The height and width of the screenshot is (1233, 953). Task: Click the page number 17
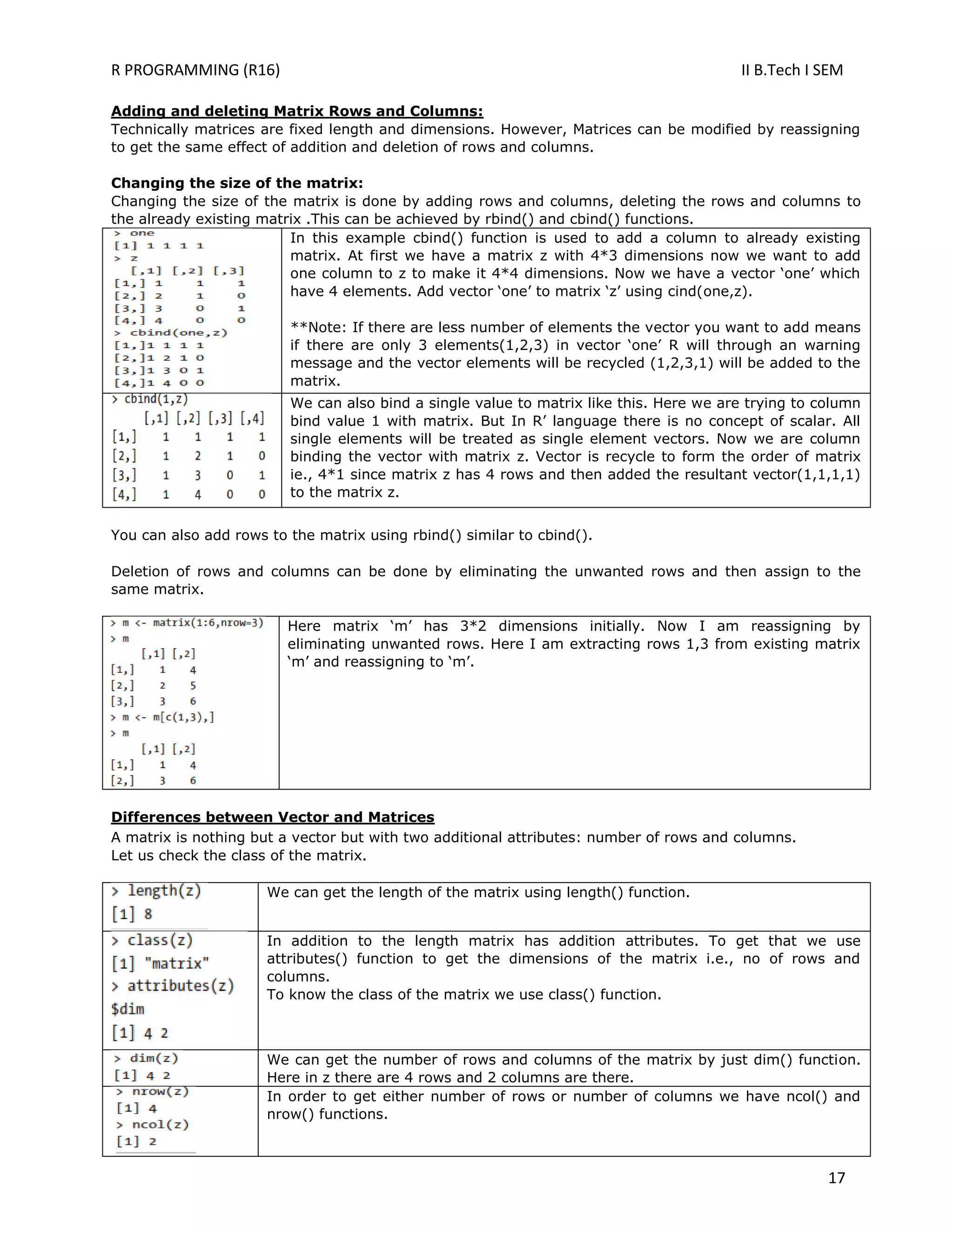(x=836, y=1177)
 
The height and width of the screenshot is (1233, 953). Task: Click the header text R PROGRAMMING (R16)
(x=195, y=70)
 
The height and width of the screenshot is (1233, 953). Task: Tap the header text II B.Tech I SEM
(x=792, y=70)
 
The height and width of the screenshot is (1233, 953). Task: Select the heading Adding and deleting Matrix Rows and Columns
(x=297, y=111)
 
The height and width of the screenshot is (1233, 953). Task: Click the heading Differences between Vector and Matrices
(x=273, y=817)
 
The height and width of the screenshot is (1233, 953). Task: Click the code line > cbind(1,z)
(x=150, y=399)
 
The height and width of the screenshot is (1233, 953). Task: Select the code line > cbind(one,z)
(x=170, y=333)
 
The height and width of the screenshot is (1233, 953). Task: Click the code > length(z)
(x=156, y=891)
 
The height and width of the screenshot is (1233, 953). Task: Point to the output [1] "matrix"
(x=161, y=963)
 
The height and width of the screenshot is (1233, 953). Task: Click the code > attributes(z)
(x=173, y=986)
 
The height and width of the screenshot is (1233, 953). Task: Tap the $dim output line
(x=128, y=1009)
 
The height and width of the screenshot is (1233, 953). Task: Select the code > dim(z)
(x=146, y=1058)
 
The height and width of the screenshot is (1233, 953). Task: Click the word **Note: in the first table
(x=319, y=328)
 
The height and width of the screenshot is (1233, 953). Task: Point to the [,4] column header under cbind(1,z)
(x=252, y=418)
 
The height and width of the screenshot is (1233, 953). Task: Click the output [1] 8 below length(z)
(x=132, y=914)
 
